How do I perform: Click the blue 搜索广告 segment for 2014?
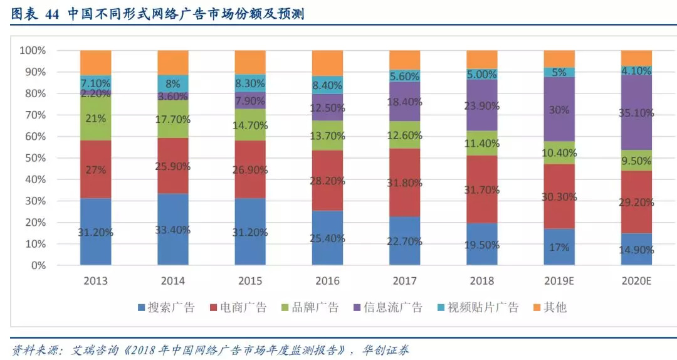click(x=173, y=229)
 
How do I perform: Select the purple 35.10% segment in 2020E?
click(x=636, y=113)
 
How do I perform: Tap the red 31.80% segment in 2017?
click(x=405, y=183)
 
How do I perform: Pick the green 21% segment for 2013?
click(x=96, y=119)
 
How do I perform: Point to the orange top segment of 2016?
click(x=328, y=63)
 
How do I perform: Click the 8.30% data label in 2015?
click(x=251, y=83)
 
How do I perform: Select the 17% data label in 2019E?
click(x=560, y=247)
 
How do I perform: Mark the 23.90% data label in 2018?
click(x=483, y=105)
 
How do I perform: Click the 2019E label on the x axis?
click(x=560, y=281)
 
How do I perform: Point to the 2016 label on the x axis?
click(x=328, y=281)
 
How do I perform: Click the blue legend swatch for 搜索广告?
click(x=142, y=307)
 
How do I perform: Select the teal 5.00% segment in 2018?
click(x=483, y=74)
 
